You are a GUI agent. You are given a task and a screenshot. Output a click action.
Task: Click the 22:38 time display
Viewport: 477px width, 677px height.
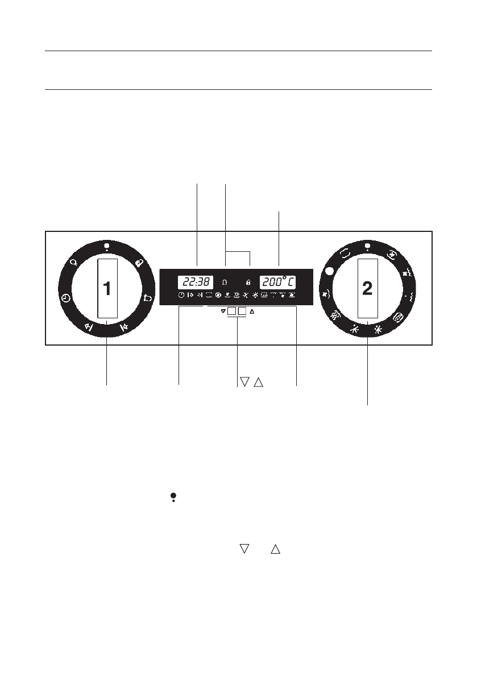click(196, 283)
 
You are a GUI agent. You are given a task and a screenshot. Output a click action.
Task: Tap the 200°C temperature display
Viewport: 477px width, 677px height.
click(277, 283)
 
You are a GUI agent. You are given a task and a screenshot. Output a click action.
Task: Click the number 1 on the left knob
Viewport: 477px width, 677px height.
click(107, 288)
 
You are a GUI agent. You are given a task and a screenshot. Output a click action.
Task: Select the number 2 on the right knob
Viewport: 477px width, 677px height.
click(367, 288)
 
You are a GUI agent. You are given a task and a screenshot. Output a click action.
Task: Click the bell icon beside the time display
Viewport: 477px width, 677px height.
click(225, 283)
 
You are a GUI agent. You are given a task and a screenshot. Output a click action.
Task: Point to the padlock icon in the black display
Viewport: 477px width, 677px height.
click(248, 283)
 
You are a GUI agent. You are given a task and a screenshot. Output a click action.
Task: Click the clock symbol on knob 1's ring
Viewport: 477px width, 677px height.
click(65, 298)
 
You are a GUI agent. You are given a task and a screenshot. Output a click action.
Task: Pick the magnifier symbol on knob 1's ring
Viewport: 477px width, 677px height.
click(74, 262)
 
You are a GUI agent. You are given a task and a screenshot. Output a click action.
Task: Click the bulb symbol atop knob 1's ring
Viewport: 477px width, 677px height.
click(107, 247)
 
